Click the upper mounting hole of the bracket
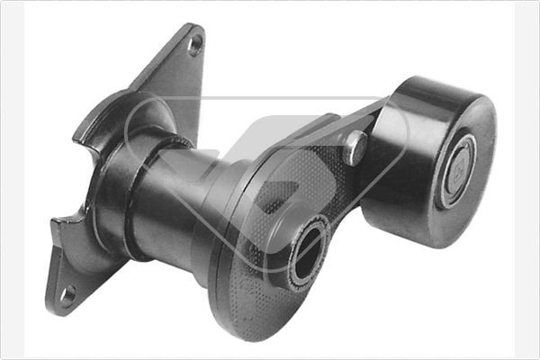[x=194, y=43]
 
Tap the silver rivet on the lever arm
[x=356, y=148]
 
